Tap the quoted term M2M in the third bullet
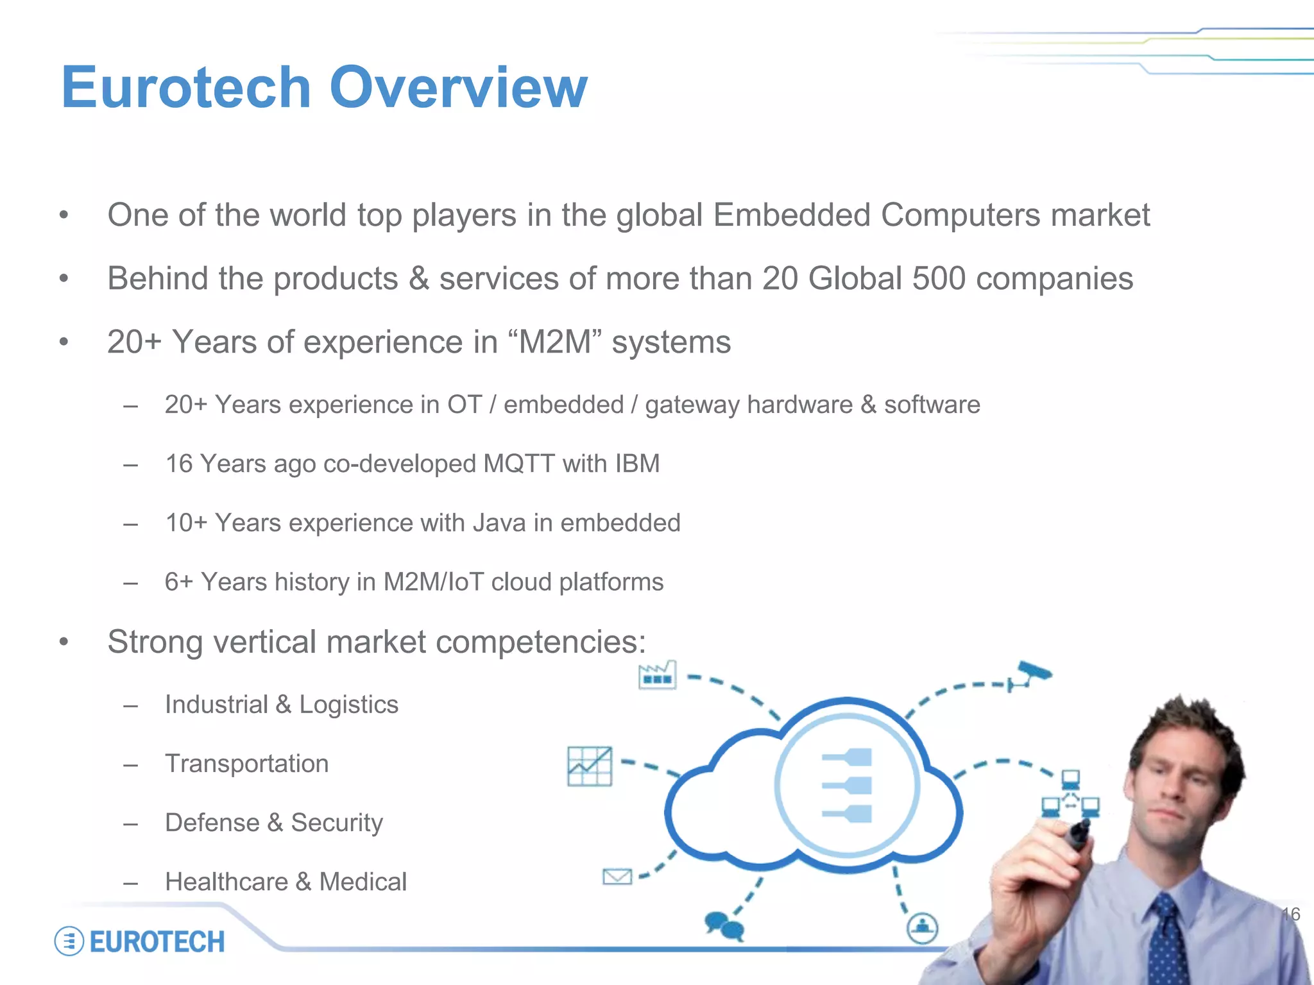point(554,342)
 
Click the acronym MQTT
point(518,464)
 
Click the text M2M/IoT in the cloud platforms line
point(433,582)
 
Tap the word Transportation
point(246,764)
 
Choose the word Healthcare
point(226,882)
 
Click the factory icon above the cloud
point(657,675)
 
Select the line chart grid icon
point(590,766)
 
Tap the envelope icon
point(617,876)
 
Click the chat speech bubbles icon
point(724,925)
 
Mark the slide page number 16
point(1291,914)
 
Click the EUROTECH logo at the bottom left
point(140,941)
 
